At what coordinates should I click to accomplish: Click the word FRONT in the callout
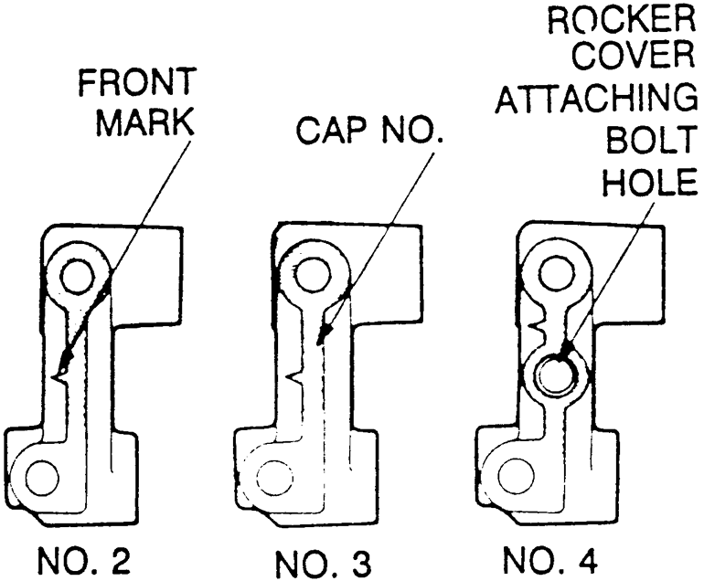point(137,82)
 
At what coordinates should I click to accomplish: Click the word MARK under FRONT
point(145,121)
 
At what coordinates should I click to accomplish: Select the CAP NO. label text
point(368,130)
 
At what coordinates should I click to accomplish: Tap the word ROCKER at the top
point(622,19)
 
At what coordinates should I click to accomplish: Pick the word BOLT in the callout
point(651,140)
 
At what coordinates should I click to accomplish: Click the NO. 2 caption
point(83,561)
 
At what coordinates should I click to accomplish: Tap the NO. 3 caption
point(323,563)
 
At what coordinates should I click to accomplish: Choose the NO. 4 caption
point(550,559)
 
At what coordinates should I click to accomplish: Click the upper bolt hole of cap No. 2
point(77,277)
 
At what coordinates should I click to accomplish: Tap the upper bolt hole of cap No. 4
point(558,273)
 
